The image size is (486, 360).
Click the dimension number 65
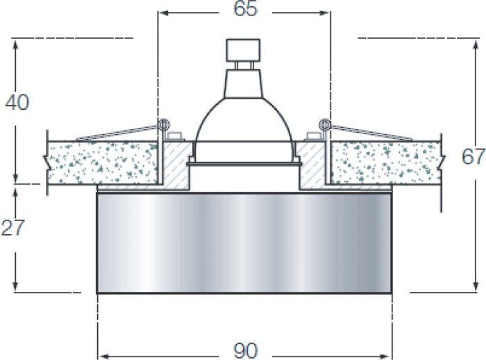coord(245,8)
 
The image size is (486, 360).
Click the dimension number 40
coord(17,102)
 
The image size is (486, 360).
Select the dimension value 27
coord(12,227)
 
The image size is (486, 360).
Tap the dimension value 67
coord(473,156)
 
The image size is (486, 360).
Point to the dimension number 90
coord(245,351)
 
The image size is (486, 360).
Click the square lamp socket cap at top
coord(243,50)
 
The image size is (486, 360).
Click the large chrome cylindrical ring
coord(244,243)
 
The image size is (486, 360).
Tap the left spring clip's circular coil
coord(164,125)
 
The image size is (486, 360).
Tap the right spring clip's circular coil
coord(325,125)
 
